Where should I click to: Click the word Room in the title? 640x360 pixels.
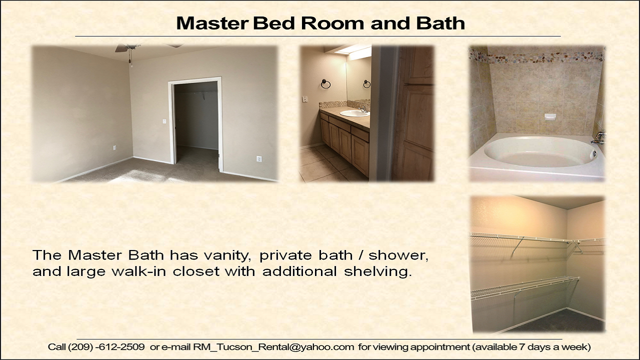[x=332, y=23]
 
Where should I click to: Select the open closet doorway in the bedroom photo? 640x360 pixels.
[x=196, y=125]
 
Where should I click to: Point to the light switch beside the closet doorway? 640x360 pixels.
[x=164, y=121]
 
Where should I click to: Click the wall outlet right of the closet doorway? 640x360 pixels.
[x=259, y=158]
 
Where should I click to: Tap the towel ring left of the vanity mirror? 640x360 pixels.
[x=325, y=83]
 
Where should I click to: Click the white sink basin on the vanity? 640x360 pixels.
[x=354, y=113]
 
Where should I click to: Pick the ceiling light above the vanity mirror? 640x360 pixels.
[x=353, y=52]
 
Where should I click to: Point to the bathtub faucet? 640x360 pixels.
[x=598, y=138]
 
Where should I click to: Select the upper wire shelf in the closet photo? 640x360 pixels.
[x=537, y=239]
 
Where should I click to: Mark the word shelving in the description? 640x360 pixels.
[x=377, y=272]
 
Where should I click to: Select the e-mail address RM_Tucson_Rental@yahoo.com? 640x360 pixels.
[x=273, y=347]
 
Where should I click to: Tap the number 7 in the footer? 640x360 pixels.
[x=521, y=347]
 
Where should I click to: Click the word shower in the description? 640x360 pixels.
[x=398, y=255]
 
